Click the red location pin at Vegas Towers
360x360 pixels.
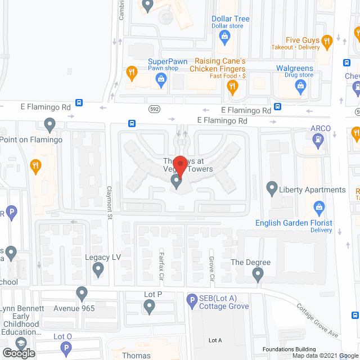[x=179, y=167]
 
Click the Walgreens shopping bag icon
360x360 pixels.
[x=300, y=85]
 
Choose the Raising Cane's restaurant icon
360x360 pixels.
[x=231, y=85]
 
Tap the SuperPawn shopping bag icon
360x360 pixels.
[x=161, y=79]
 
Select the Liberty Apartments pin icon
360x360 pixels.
[x=272, y=187]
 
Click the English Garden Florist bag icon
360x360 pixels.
[x=319, y=208]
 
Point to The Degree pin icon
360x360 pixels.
[x=258, y=274]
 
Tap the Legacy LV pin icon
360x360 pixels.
[x=98, y=270]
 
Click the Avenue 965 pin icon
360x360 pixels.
[x=82, y=292]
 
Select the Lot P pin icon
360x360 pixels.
[x=149, y=306]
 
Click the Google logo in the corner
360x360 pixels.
[x=19, y=353]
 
